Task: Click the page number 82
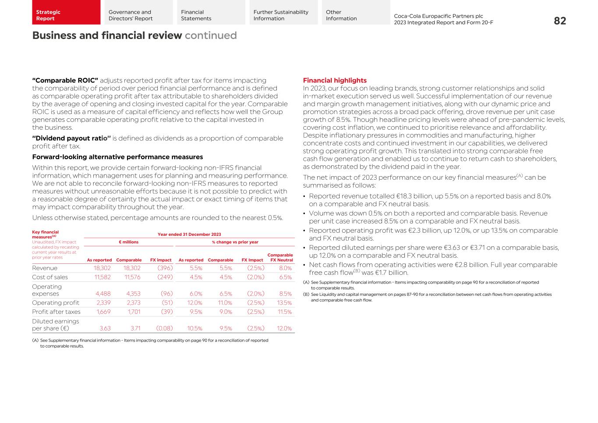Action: pos(559,21)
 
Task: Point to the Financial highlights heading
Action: pos(335,81)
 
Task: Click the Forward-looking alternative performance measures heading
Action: pos(117,157)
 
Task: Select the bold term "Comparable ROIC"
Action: pos(65,81)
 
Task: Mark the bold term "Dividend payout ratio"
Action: pos(71,139)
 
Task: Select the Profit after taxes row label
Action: pos(56,312)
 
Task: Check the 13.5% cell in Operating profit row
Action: pos(284,303)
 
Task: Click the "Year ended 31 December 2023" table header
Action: pos(189,235)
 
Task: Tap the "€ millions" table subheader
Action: pos(128,242)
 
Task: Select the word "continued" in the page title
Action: pos(211,36)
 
